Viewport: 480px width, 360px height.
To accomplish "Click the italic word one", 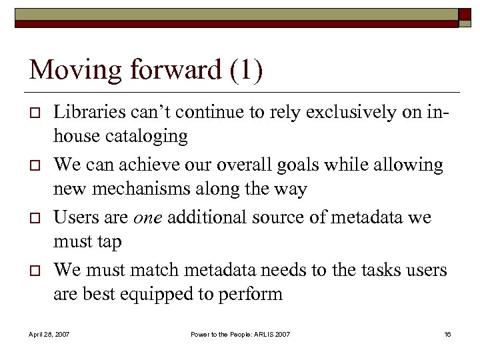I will pyautogui.click(x=147, y=217).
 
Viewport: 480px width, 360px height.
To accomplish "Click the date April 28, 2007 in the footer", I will pyautogui.click(x=48, y=333).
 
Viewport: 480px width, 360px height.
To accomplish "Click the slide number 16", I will pyautogui.click(x=447, y=333).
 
